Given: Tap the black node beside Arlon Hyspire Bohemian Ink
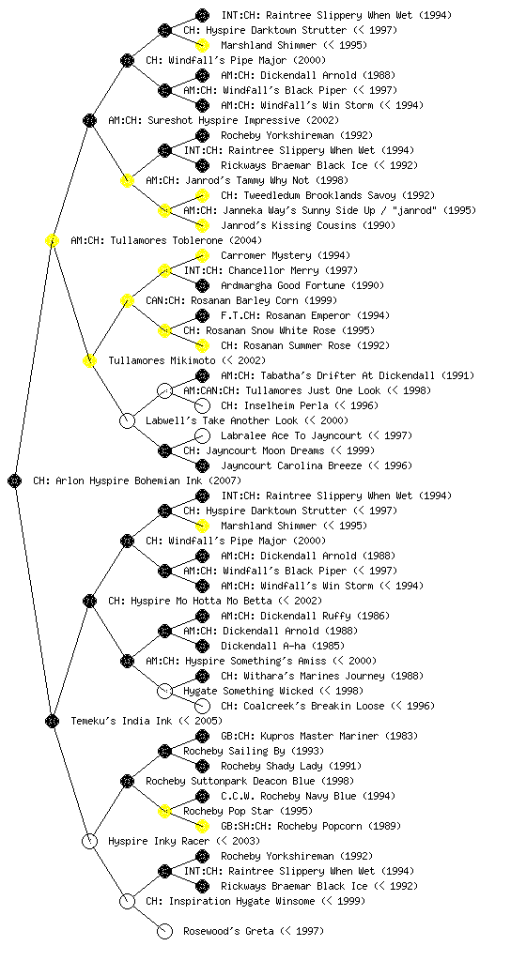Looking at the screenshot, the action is [15, 480].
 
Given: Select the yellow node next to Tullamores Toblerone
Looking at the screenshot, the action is [52, 240].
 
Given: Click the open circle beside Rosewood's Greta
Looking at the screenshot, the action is [164, 931].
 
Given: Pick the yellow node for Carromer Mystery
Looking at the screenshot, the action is [202, 255].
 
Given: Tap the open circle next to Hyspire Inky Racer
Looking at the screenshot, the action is [89, 841].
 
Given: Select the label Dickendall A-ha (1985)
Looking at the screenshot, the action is [283, 646].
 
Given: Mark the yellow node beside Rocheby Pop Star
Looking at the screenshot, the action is [164, 811].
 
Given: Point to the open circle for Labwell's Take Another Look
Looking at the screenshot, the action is [127, 420].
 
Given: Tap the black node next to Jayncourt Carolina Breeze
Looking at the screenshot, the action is [202, 465].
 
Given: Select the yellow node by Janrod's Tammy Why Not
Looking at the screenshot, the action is [127, 180].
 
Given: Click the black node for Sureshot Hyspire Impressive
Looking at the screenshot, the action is [89, 120].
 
